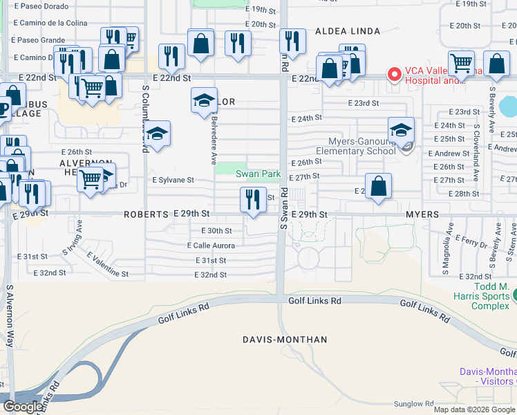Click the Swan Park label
click(258, 174)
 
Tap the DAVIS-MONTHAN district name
click(284, 340)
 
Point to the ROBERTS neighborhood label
click(146, 214)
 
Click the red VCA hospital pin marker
click(395, 73)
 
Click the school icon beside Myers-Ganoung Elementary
click(401, 129)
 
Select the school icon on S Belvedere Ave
click(204, 102)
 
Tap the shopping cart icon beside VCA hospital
click(461, 64)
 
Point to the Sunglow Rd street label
click(414, 403)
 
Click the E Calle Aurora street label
click(211, 246)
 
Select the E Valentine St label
click(107, 265)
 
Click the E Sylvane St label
click(173, 180)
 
